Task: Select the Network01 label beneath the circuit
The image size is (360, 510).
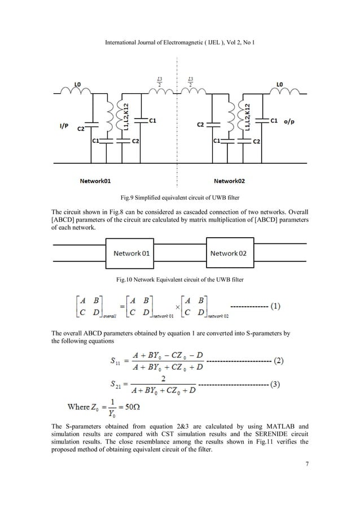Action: coord(94,181)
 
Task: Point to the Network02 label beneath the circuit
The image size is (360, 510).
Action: coord(232,181)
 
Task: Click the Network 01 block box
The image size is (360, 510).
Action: coord(131,254)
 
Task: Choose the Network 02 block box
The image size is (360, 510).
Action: coord(228,254)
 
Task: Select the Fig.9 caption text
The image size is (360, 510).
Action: coord(179,198)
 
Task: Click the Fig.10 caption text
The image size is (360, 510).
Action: coord(179,280)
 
